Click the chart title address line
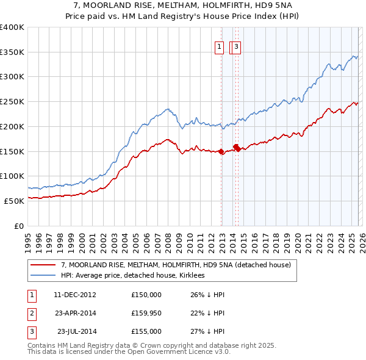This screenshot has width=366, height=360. pyautogui.click(x=183, y=5)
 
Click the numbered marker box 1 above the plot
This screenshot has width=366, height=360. pyautogui.click(x=218, y=46)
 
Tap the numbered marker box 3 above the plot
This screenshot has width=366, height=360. pyautogui.click(x=236, y=46)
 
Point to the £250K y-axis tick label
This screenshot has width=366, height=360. pyautogui.click(x=12, y=101)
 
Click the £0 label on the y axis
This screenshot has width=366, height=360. pyautogui.click(x=20, y=226)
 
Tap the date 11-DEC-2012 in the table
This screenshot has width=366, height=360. pyautogui.click(x=75, y=295)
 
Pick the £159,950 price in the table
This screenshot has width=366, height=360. pyautogui.click(x=146, y=313)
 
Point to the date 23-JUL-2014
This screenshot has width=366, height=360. pyautogui.click(x=77, y=331)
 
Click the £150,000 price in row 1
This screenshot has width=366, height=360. pyautogui.click(x=146, y=295)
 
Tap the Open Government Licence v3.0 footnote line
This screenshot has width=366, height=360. pyautogui.click(x=129, y=351)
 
